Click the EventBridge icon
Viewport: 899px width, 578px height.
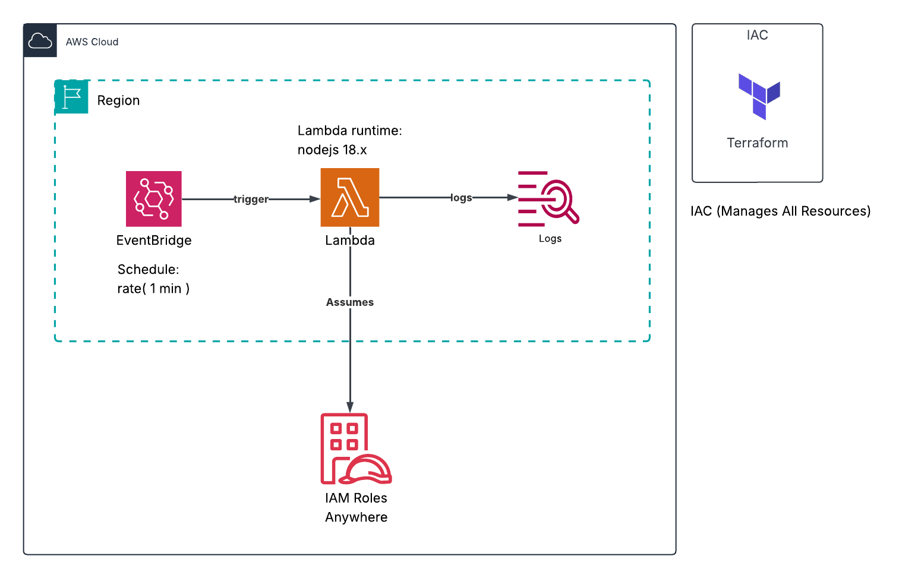[x=153, y=198]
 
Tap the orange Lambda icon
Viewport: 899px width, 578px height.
[x=349, y=197]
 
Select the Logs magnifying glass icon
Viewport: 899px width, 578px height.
[x=548, y=198]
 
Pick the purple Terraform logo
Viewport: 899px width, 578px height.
[x=759, y=96]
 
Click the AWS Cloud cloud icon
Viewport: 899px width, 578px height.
[x=40, y=41]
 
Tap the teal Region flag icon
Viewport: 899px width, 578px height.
[x=71, y=97]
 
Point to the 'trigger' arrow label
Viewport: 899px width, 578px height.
[x=251, y=199]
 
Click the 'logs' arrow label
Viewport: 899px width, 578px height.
[x=461, y=198]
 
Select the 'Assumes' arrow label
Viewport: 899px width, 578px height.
[x=349, y=302]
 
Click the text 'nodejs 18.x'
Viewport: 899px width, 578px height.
[x=332, y=150]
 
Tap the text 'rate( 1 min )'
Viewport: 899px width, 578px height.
[x=153, y=289]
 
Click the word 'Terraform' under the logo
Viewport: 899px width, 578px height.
[x=757, y=143]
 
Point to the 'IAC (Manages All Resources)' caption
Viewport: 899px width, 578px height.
[x=780, y=211]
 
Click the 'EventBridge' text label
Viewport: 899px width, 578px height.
[x=154, y=241]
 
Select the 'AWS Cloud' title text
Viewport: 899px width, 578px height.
[x=92, y=42]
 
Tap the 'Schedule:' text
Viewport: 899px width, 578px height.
[x=148, y=270]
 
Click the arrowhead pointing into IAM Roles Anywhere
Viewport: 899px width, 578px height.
[x=349, y=407]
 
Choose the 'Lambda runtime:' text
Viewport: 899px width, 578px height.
[x=349, y=131]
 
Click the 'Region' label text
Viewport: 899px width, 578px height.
[x=118, y=100]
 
